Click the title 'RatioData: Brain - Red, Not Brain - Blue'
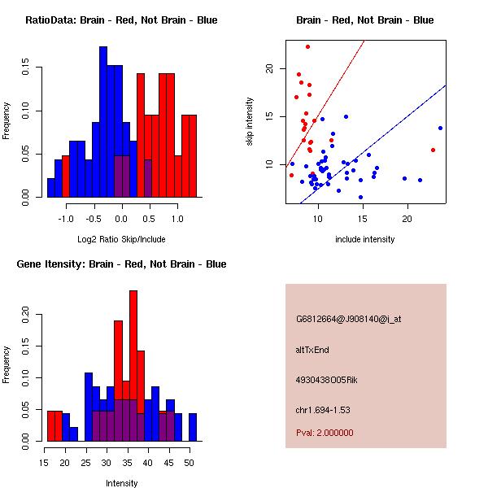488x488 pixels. tap(121, 20)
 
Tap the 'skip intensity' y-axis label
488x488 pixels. tap(250, 122)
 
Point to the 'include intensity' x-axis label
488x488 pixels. tap(365, 239)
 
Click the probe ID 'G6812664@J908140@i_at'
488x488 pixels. tap(348, 319)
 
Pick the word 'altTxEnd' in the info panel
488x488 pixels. tap(312, 350)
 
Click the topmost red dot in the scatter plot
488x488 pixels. tap(307, 47)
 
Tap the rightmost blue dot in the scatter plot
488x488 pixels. tap(440, 128)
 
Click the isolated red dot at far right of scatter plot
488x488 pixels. tap(433, 150)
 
